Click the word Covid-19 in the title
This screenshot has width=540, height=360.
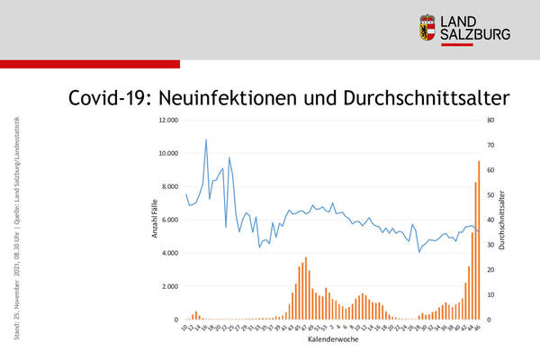(107, 97)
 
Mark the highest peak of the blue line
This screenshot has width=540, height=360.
(206, 140)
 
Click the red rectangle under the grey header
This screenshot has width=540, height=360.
(90, 64)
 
